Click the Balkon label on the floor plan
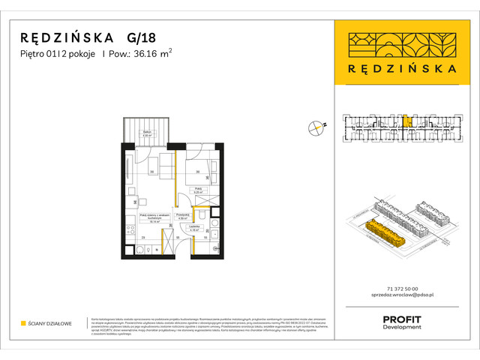(x=148, y=134)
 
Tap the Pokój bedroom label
(x=199, y=190)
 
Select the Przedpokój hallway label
(x=181, y=217)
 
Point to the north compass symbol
(x=316, y=128)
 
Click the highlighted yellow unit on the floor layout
(x=406, y=120)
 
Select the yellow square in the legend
(x=24, y=324)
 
